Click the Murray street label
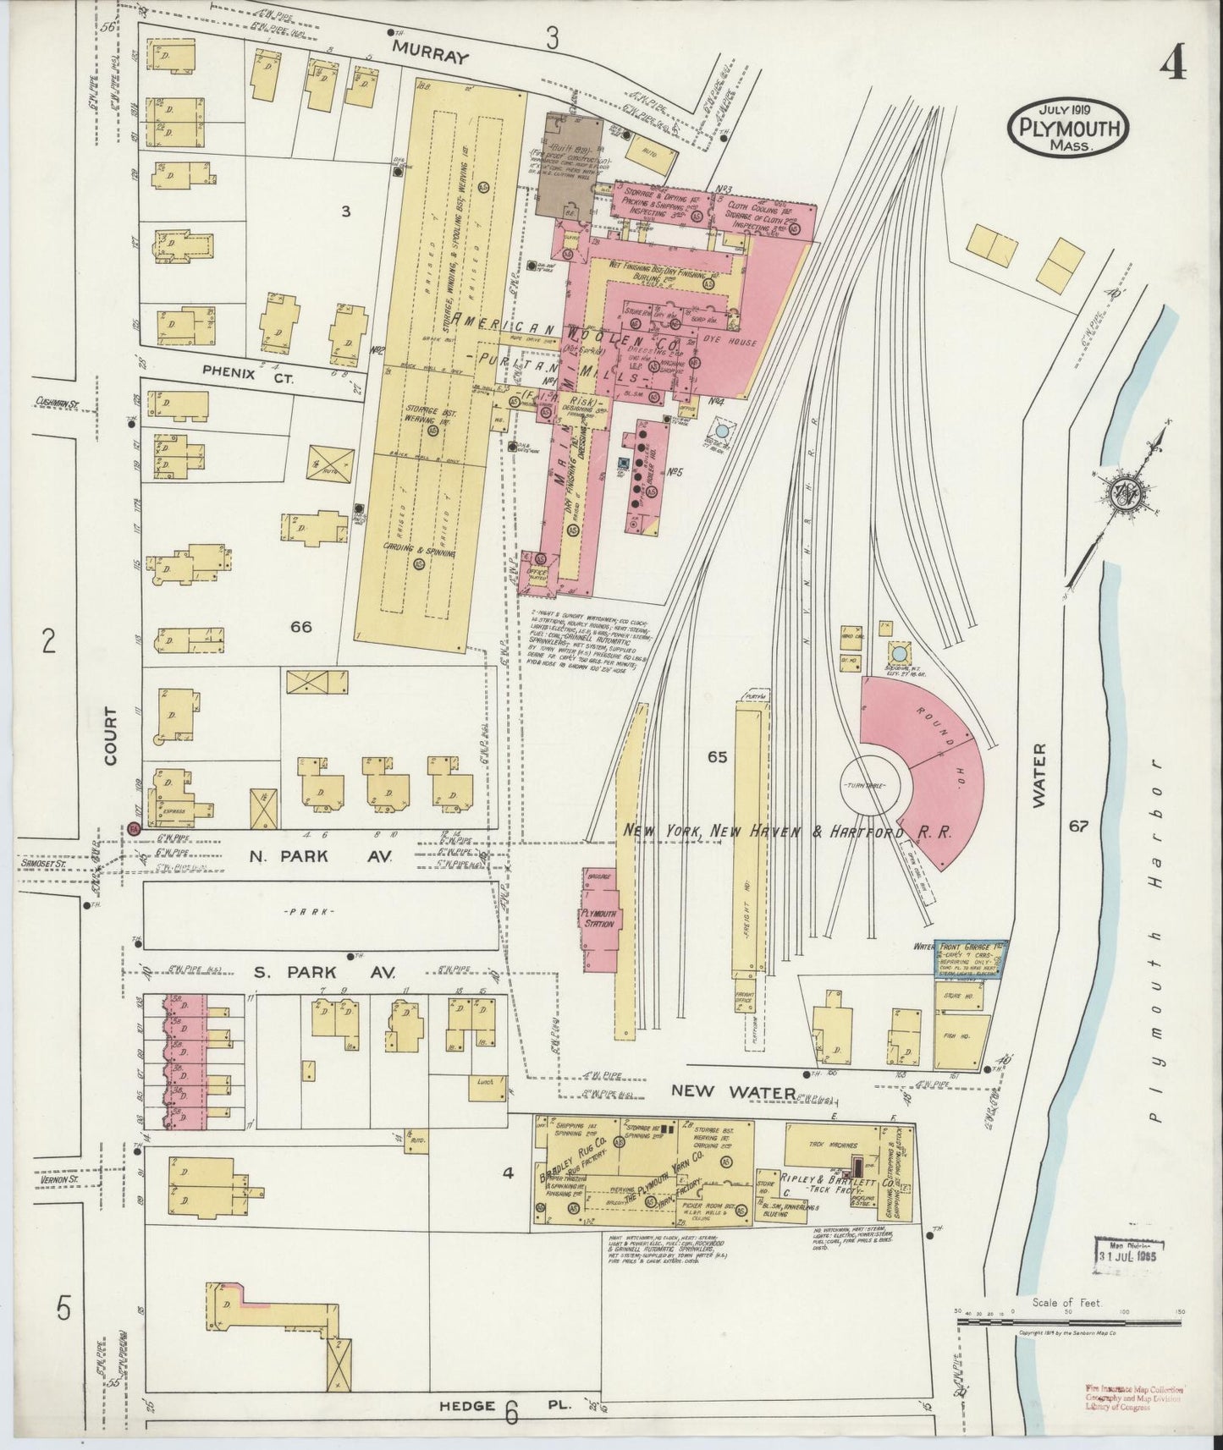point(430,58)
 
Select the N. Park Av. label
point(321,856)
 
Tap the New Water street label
point(732,1091)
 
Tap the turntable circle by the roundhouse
point(873,786)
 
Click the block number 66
point(301,627)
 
